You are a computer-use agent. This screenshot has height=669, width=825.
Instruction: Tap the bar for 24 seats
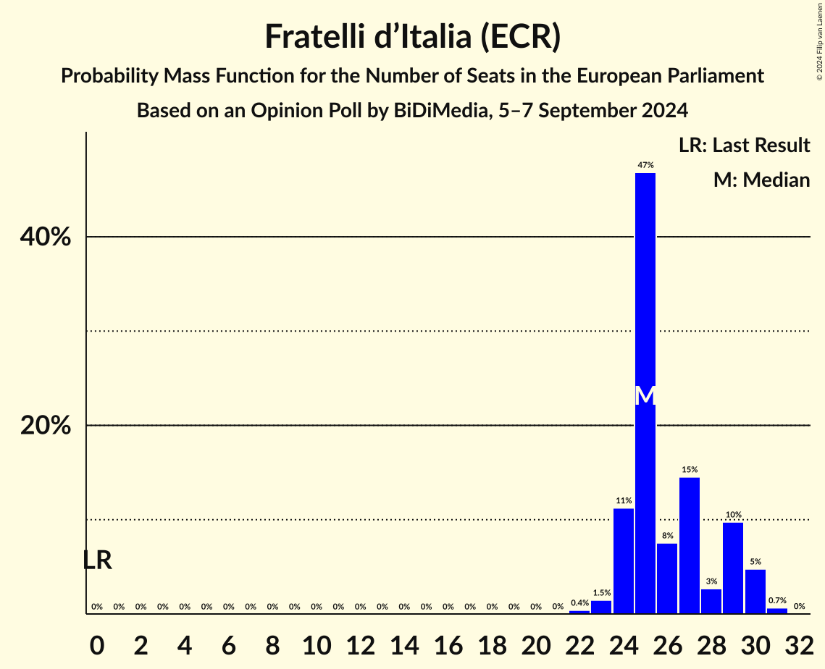tap(624, 561)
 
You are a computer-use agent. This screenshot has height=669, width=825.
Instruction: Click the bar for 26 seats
tap(667, 578)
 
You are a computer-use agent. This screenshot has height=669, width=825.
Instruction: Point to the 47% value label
tap(645, 166)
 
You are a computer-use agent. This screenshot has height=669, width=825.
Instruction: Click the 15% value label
tap(690, 470)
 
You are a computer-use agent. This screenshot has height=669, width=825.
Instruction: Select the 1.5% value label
tap(601, 593)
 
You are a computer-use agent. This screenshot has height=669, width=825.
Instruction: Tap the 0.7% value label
tap(777, 601)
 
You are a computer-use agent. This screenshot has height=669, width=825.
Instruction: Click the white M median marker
tap(645, 395)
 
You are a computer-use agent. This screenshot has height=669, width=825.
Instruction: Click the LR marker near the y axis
tap(97, 560)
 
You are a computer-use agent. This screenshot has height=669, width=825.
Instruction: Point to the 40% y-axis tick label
tap(46, 237)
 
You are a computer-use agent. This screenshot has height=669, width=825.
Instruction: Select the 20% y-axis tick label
tap(46, 426)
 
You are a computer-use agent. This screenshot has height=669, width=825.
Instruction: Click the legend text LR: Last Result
tap(744, 146)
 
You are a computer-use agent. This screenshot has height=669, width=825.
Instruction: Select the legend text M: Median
tap(761, 180)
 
